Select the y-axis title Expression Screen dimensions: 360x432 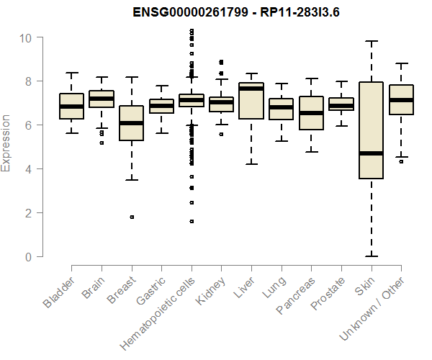coord(6,143)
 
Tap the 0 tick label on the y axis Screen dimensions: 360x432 coord(27,257)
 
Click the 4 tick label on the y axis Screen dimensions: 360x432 coord(27,169)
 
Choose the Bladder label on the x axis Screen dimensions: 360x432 coord(59,291)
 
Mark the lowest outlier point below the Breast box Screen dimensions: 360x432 coord(132,217)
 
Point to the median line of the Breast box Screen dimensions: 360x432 coord(132,123)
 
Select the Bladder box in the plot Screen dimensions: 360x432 coord(72,106)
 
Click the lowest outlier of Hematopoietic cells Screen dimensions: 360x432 coord(192,222)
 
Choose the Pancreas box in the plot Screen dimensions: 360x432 coord(311,112)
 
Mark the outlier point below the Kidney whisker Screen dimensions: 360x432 coord(221,134)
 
